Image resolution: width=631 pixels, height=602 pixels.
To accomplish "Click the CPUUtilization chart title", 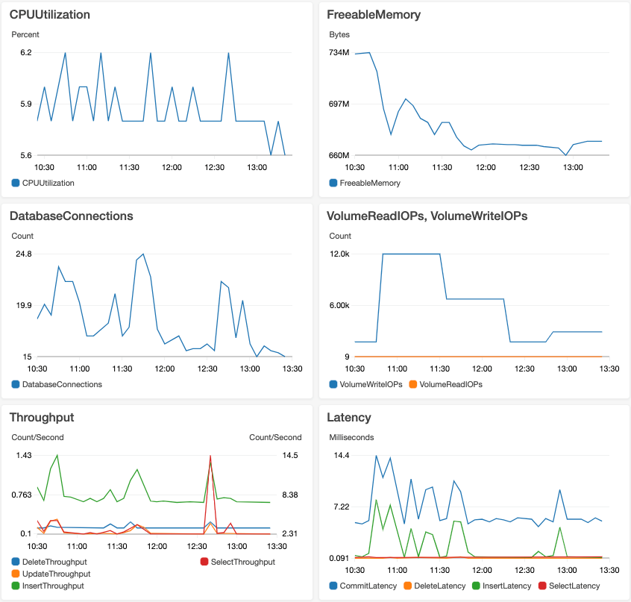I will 50,14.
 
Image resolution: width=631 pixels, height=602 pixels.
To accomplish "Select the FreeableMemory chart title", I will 374,14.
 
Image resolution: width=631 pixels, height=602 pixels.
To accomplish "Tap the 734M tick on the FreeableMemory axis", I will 339,52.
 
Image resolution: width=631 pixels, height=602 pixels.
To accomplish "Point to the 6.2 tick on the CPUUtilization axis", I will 25,52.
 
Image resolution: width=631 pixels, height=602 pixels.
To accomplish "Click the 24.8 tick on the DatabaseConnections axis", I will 24,254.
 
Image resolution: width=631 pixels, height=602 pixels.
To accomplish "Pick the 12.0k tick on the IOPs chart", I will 340,254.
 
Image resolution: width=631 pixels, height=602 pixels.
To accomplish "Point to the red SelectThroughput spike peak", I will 211,456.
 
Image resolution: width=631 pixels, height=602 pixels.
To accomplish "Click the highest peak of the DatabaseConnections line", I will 143,254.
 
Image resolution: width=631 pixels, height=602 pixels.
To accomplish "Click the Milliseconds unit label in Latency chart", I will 351,437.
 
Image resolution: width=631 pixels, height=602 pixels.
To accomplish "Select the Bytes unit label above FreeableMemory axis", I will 339,34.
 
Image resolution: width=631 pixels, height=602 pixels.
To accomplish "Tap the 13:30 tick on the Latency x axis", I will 609,569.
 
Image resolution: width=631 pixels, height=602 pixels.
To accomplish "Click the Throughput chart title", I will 42,417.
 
